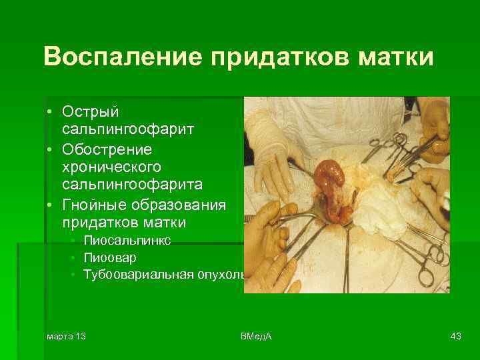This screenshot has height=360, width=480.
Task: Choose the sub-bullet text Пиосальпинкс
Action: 127,240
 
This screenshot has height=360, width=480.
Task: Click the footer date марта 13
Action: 66,336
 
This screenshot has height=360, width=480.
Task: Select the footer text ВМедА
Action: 256,336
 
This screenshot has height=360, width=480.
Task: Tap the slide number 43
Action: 455,336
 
